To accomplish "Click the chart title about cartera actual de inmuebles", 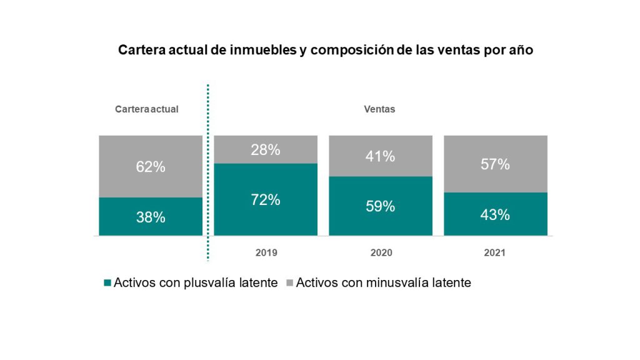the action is coord(325,50).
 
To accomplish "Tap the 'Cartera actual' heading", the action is coord(146,109).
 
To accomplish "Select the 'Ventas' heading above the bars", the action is coord(379,109).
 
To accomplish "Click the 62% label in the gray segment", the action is coord(151,166).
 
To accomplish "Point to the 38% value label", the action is coord(151,217).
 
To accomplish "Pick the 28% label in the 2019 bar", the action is coord(266,150).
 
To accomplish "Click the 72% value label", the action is coord(266,199).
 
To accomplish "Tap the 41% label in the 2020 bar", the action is coord(381,156).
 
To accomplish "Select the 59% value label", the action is coord(381,206).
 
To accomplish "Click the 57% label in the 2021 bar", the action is coord(495,164).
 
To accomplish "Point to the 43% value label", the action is coord(495,214).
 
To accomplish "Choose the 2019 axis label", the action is coord(266,252).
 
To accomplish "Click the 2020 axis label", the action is coord(381,252).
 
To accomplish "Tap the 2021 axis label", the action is coord(495,252).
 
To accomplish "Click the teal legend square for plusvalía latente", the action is coord(107,282).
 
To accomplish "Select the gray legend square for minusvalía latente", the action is coord(290,282).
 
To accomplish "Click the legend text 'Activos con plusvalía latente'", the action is coord(196,282).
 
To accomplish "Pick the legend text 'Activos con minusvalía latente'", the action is coord(384,282).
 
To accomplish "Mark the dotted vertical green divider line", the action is coord(207,172).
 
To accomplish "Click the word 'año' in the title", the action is coord(521,50).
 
